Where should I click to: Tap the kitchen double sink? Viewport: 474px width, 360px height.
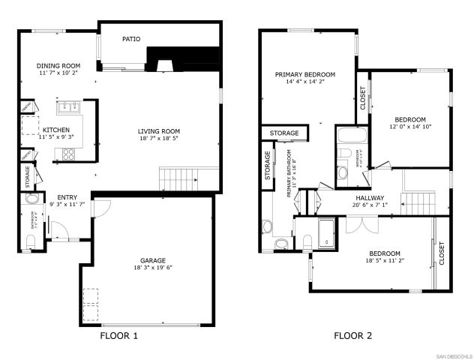[x=70, y=106]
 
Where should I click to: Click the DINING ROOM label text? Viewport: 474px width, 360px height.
[x=58, y=66]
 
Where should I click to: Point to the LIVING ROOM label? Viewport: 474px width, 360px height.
[x=158, y=131]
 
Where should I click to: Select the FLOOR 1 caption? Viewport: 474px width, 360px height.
[x=118, y=336]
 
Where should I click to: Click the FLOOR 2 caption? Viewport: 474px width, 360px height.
[x=352, y=336]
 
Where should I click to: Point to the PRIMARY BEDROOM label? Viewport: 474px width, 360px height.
[x=304, y=74]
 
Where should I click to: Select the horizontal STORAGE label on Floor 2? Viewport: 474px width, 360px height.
[x=284, y=133]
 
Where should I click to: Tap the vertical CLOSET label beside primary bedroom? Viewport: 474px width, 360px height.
[x=363, y=99]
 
